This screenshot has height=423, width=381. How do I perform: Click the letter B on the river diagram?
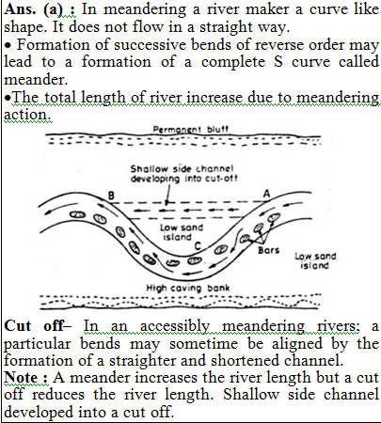tap(111, 196)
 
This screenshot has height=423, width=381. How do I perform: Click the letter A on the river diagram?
tap(266, 194)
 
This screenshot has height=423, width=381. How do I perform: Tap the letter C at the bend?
tap(198, 246)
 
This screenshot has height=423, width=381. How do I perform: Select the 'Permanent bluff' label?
tap(191, 129)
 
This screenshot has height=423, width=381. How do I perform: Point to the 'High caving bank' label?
tap(188, 288)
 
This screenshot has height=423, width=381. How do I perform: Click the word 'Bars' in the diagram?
tap(268, 250)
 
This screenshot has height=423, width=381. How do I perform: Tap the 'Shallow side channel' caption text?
tap(182, 169)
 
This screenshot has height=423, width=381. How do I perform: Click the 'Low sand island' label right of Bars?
tap(315, 260)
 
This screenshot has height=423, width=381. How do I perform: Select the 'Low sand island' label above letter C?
tap(182, 232)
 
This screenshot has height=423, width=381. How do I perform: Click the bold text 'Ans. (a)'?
tap(40, 9)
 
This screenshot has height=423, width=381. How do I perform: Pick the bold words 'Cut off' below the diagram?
tap(35, 326)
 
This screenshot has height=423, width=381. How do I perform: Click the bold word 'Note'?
tap(22, 378)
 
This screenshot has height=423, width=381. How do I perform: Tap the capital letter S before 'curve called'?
tap(278, 62)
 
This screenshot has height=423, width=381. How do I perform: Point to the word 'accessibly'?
tap(175, 327)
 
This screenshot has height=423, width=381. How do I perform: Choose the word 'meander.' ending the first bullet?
tap(36, 80)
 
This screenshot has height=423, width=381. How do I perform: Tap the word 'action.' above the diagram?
tap(27, 115)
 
